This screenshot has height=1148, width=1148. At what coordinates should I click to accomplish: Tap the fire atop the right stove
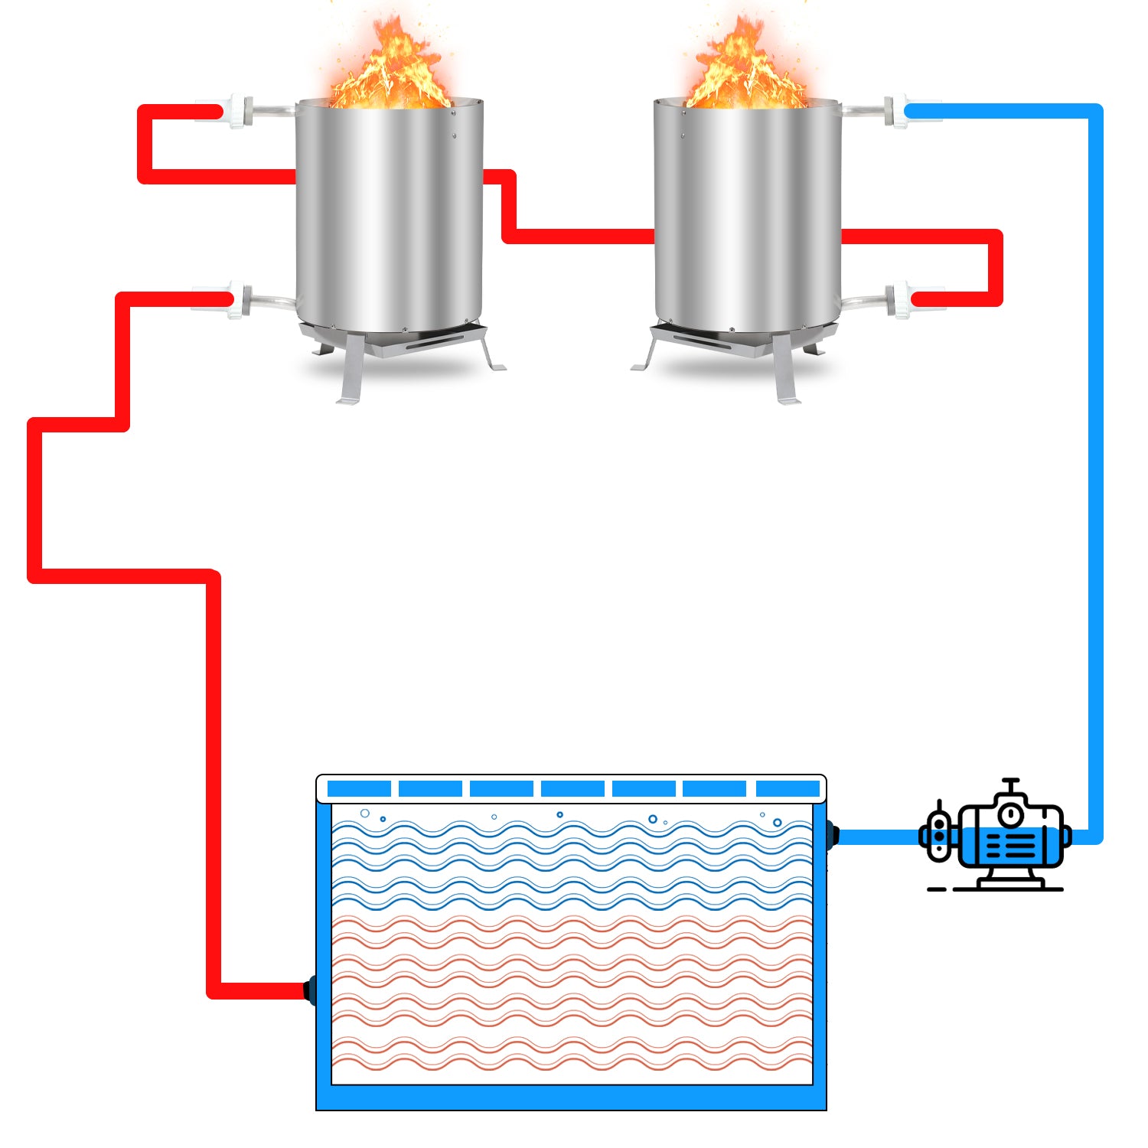click(746, 69)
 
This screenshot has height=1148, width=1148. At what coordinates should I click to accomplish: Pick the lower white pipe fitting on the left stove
click(238, 298)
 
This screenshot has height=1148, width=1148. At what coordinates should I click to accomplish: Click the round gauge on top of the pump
click(1011, 813)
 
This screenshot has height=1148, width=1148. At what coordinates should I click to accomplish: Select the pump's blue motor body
click(1010, 846)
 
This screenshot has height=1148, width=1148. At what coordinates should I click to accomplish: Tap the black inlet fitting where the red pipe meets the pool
click(311, 990)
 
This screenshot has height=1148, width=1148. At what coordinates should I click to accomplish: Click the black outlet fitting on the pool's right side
click(832, 834)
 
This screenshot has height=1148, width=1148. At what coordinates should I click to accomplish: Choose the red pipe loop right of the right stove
click(995, 264)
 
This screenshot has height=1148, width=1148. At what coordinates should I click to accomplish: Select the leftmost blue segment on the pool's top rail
click(359, 788)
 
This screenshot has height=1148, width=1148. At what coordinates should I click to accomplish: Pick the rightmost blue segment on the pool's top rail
click(788, 788)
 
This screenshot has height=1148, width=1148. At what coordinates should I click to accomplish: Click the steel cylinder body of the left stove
click(390, 214)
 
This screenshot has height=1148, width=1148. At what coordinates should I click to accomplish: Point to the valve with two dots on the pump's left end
click(939, 836)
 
